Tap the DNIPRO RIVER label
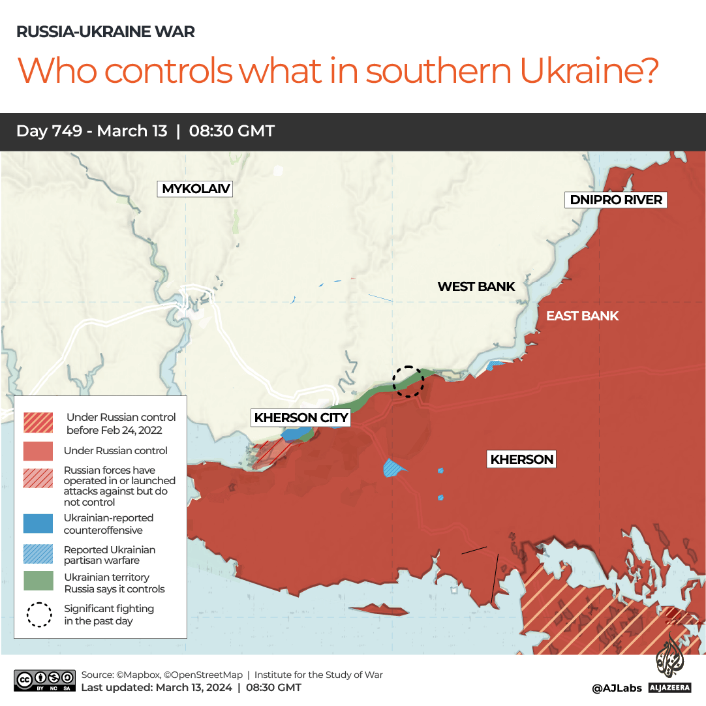[x=616, y=200]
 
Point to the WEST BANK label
[x=476, y=286]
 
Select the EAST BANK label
[x=582, y=316]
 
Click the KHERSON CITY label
[x=301, y=418]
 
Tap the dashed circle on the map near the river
[x=408, y=381]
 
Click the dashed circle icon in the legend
[x=38, y=615]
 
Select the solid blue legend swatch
[x=38, y=524]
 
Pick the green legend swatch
[x=38, y=582]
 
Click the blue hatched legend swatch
[x=38, y=554]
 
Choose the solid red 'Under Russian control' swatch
[x=38, y=451]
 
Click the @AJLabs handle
[x=617, y=688]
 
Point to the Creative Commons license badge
[x=44, y=680]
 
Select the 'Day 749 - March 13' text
[x=91, y=131]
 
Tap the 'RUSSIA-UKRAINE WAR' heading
[x=105, y=31]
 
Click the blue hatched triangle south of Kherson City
[x=393, y=468]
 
